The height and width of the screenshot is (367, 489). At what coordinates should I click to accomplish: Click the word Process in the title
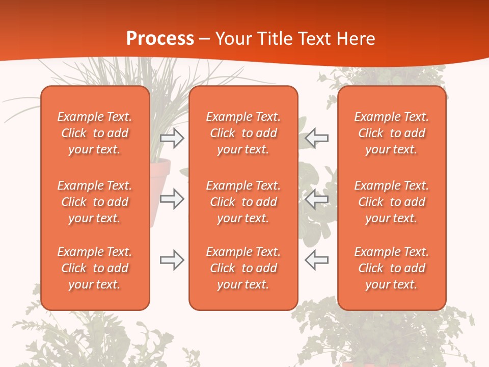click(x=160, y=39)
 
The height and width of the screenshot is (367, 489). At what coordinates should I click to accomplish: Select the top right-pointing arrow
click(x=172, y=138)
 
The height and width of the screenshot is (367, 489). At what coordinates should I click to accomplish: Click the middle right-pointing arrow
click(x=172, y=199)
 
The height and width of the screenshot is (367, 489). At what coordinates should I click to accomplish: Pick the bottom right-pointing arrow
click(x=172, y=260)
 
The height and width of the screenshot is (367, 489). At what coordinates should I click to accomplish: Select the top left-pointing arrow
click(x=316, y=138)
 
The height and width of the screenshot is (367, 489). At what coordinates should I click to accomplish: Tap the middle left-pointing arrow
click(x=316, y=199)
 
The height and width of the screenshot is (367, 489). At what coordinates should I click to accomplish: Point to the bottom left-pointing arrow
click(x=316, y=260)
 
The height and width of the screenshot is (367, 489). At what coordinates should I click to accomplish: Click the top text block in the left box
click(x=95, y=133)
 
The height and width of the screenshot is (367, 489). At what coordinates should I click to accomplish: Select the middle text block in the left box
click(x=95, y=202)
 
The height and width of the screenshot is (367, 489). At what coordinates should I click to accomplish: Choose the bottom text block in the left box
click(x=95, y=268)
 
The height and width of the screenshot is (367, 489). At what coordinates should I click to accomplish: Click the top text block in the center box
click(x=243, y=133)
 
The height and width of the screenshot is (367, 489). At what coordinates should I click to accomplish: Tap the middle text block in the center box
click(x=243, y=202)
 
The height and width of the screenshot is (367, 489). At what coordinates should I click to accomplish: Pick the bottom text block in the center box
click(x=243, y=268)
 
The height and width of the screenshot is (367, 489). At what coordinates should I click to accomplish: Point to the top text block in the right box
click(x=391, y=133)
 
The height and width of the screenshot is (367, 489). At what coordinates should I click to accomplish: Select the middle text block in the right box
click(x=391, y=202)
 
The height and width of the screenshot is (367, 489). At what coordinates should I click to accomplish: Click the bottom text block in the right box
click(x=391, y=268)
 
